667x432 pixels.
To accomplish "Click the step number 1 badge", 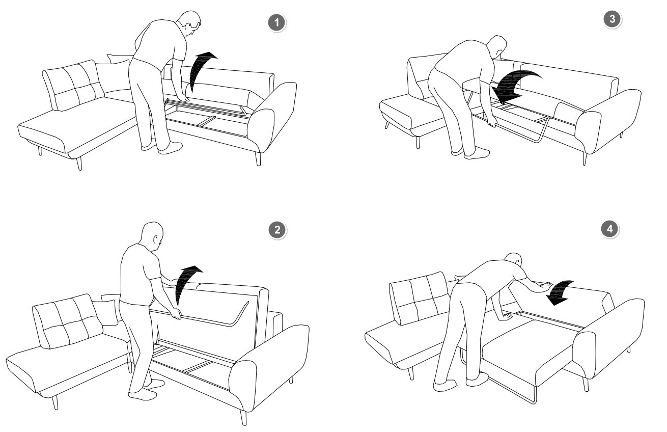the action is [x=277, y=22].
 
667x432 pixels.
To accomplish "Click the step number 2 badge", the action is [x=277, y=230].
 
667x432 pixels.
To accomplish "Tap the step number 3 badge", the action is [x=612, y=19].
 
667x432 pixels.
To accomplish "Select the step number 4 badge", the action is [x=609, y=229].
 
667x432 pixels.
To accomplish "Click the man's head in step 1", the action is [x=189, y=23].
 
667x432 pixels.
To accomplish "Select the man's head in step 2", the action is [x=152, y=236].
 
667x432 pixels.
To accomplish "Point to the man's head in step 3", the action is [x=496, y=47].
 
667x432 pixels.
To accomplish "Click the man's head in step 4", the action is [x=513, y=260].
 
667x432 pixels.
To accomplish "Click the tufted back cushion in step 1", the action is [x=73, y=85].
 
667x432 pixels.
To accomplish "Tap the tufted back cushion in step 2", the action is [x=67, y=321].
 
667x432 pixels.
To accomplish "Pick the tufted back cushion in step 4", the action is [x=421, y=298].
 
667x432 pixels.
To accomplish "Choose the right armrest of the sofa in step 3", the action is [x=607, y=119].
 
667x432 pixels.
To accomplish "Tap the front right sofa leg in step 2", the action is [x=243, y=417].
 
